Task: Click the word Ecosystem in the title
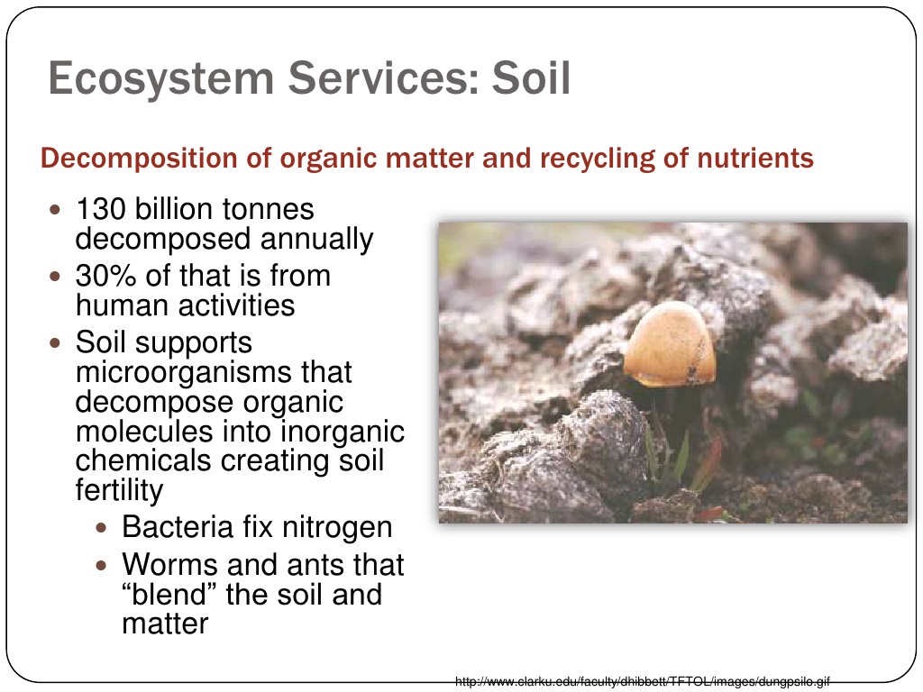pos(161,79)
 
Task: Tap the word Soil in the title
pos(532,77)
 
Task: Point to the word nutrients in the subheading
pos(755,159)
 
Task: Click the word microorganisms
pos(214,372)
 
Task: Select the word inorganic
pos(343,432)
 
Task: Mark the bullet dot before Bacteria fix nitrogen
pos(101,528)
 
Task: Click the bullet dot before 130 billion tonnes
pos(55,209)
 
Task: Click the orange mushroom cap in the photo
pos(670,344)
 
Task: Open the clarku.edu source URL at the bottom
pos(642,682)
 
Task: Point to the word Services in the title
pos(383,77)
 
